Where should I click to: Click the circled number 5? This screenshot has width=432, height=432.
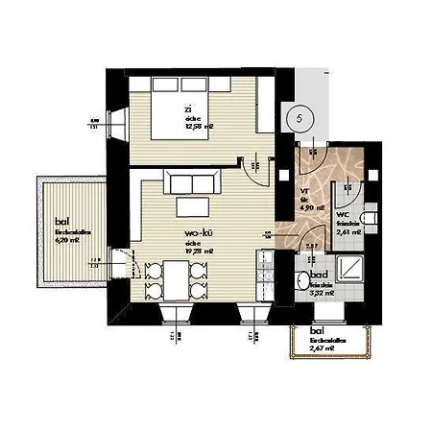[300, 117]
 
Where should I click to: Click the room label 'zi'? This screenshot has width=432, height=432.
[189, 109]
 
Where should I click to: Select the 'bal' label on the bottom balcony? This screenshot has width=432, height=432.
[317, 331]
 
